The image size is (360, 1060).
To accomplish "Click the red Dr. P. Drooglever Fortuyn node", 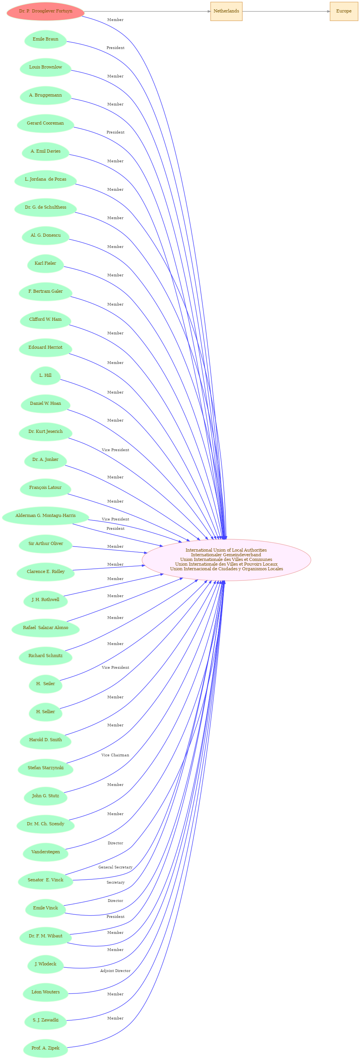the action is click(45, 11).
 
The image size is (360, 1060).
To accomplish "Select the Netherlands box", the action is click(226, 11).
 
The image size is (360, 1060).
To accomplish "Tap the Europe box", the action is click(344, 11).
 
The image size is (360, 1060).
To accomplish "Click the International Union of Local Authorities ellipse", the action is click(226, 560).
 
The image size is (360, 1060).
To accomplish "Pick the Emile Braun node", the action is click(45, 39).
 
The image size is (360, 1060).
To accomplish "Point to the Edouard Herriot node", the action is click(45, 347).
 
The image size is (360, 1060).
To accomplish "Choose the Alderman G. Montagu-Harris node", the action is click(45, 516).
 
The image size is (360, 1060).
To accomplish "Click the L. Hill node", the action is click(45, 375).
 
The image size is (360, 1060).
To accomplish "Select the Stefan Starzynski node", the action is click(45, 768).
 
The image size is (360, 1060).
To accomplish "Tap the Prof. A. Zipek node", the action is click(45, 1048).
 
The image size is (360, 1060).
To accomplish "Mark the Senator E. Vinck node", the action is click(45, 880).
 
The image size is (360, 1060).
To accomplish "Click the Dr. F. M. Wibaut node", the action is click(45, 936).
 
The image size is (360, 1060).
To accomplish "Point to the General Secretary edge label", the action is click(115, 867).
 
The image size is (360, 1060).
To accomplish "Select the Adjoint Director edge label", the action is click(115, 971).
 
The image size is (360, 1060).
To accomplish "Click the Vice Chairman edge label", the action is click(115, 755).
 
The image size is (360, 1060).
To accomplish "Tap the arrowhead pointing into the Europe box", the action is click(328, 11).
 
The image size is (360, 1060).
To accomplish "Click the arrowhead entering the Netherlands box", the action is click(209, 11).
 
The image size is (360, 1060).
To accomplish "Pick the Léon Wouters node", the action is click(45, 992).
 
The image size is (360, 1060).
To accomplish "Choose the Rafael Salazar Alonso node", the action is click(45, 628).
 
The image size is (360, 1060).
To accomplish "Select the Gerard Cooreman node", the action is click(45, 123).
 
